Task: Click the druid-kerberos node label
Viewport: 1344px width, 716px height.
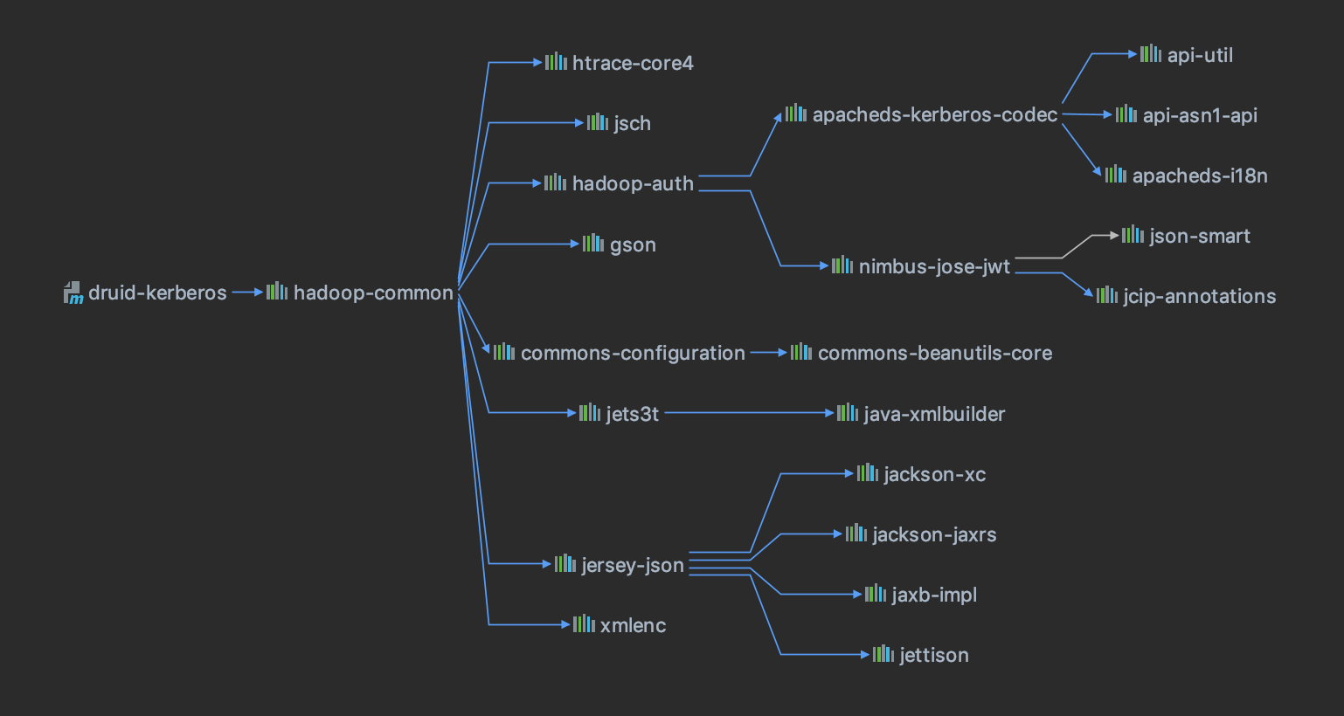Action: click(157, 293)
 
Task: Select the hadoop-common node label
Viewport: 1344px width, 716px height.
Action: click(373, 293)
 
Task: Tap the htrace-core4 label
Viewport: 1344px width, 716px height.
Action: click(633, 64)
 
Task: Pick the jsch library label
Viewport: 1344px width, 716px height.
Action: click(632, 124)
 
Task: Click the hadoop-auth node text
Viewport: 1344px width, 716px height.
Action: click(633, 184)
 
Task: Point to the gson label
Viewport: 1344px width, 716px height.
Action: click(633, 245)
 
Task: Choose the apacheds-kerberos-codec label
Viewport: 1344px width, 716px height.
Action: click(934, 115)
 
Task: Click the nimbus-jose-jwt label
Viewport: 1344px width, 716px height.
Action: click(934, 267)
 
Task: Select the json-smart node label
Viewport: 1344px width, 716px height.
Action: click(1199, 237)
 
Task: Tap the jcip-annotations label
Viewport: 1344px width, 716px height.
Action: click(1199, 297)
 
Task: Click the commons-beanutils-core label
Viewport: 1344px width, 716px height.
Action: click(934, 354)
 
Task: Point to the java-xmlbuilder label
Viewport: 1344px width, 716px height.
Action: click(934, 415)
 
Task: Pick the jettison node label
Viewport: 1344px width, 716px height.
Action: click(933, 656)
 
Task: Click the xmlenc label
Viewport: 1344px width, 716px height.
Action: click(633, 626)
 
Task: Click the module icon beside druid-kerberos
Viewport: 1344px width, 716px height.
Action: click(73, 293)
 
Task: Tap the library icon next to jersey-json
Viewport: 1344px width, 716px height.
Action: click(565, 563)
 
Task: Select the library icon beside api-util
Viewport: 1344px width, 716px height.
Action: click(1150, 54)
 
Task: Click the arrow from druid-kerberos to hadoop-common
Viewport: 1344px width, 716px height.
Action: click(247, 293)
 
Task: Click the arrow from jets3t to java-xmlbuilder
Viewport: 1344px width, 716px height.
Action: click(747, 413)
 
